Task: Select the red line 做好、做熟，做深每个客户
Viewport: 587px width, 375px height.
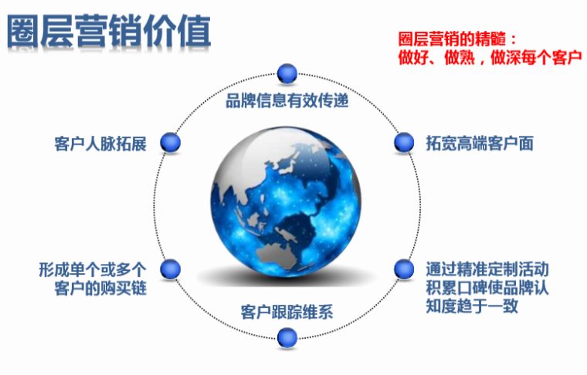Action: pyautogui.click(x=489, y=57)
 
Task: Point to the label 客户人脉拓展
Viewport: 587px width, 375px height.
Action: pyautogui.click(x=100, y=144)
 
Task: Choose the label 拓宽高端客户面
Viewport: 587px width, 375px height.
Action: pyautogui.click(x=479, y=144)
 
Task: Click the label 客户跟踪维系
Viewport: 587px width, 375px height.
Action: pyautogui.click(x=287, y=312)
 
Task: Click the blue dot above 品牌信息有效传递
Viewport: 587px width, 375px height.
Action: pyautogui.click(x=287, y=73)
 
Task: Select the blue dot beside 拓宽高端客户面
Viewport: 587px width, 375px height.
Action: pyautogui.click(x=403, y=142)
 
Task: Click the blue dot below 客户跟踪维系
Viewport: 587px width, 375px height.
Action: pyautogui.click(x=287, y=336)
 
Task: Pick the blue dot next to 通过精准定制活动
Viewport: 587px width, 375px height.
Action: pyautogui.click(x=403, y=269)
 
